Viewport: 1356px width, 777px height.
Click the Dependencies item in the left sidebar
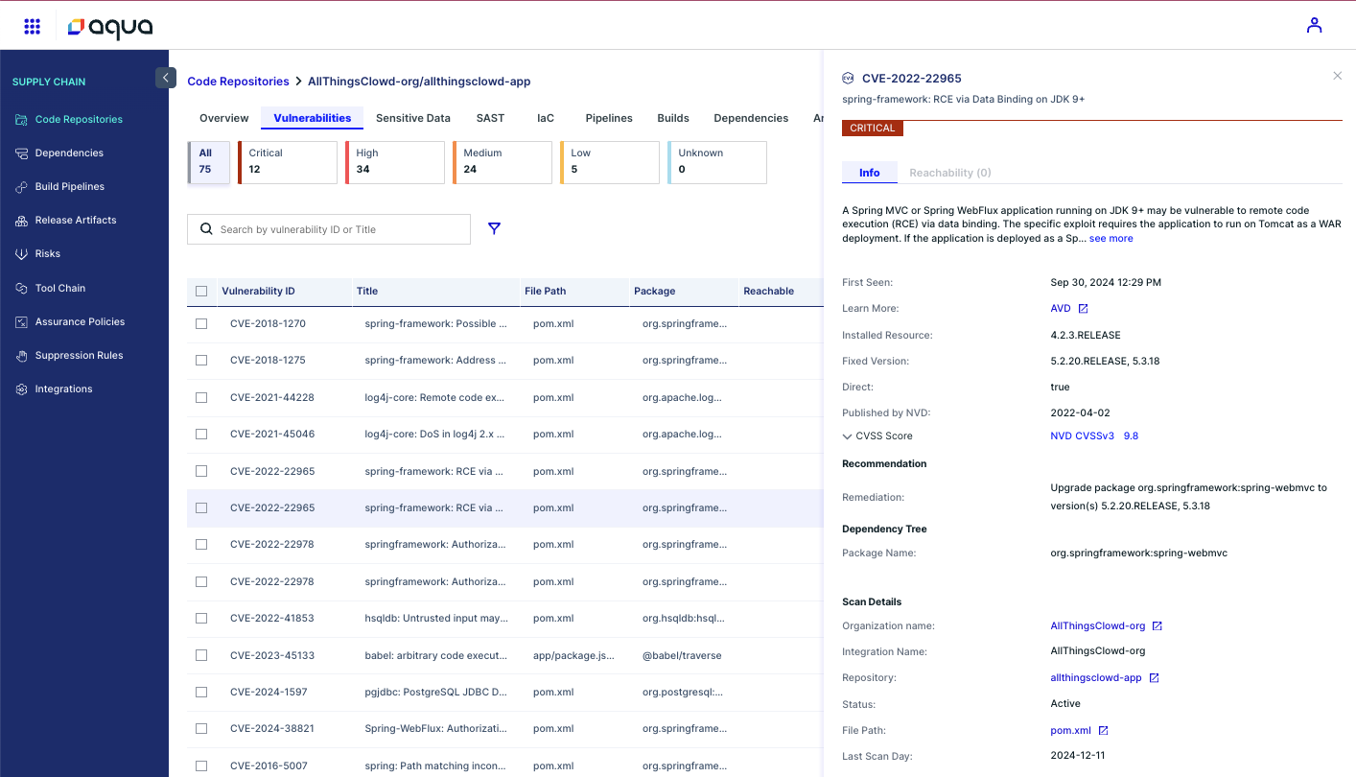tap(69, 153)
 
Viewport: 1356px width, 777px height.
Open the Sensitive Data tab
tap(412, 118)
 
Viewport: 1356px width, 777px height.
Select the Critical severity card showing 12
tap(288, 162)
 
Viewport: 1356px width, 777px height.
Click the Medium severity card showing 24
tap(503, 162)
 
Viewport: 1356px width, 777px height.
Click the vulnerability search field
tap(336, 229)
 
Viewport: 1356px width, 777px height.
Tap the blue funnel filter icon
tap(494, 228)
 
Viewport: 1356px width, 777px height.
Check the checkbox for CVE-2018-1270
tap(201, 324)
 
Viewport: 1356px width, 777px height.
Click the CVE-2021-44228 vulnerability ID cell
tap(272, 397)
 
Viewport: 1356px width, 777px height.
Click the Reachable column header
tap(768, 291)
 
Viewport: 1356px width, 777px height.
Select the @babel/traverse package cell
tap(682, 655)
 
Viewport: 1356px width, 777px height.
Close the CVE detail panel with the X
tap(1337, 76)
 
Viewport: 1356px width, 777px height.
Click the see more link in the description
tap(1111, 238)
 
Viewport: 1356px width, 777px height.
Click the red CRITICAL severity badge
tap(872, 128)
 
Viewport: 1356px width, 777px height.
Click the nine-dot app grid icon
tap(32, 26)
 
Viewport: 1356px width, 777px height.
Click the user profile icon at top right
tap(1314, 26)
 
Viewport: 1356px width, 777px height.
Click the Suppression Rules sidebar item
tap(79, 355)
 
